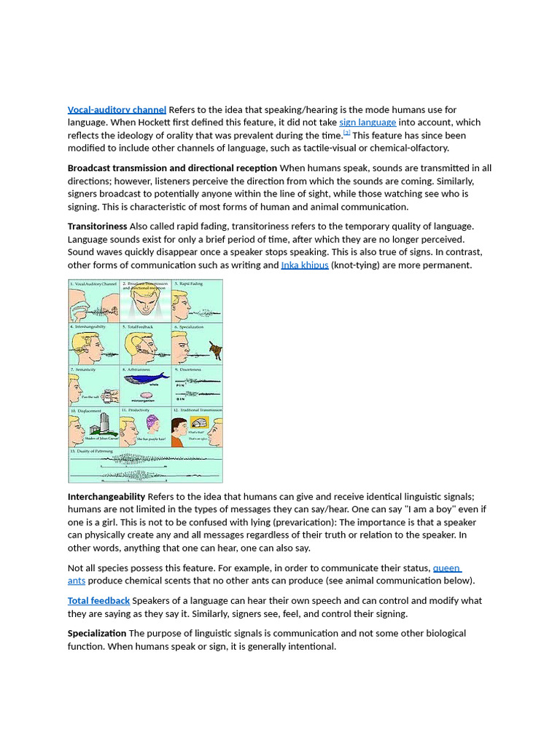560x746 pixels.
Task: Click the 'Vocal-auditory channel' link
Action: tap(117, 109)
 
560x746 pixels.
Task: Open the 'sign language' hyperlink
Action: tap(367, 122)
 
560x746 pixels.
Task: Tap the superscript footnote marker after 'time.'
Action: tap(347, 133)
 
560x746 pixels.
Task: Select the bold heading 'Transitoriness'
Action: tap(97, 226)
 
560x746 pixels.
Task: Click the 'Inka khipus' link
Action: tap(305, 265)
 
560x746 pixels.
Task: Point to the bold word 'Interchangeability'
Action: tap(106, 496)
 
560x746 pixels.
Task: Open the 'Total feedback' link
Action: tap(98, 600)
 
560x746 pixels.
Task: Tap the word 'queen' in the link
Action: tap(446, 568)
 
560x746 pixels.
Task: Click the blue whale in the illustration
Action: tap(146, 379)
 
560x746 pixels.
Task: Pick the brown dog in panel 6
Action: tap(214, 351)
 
